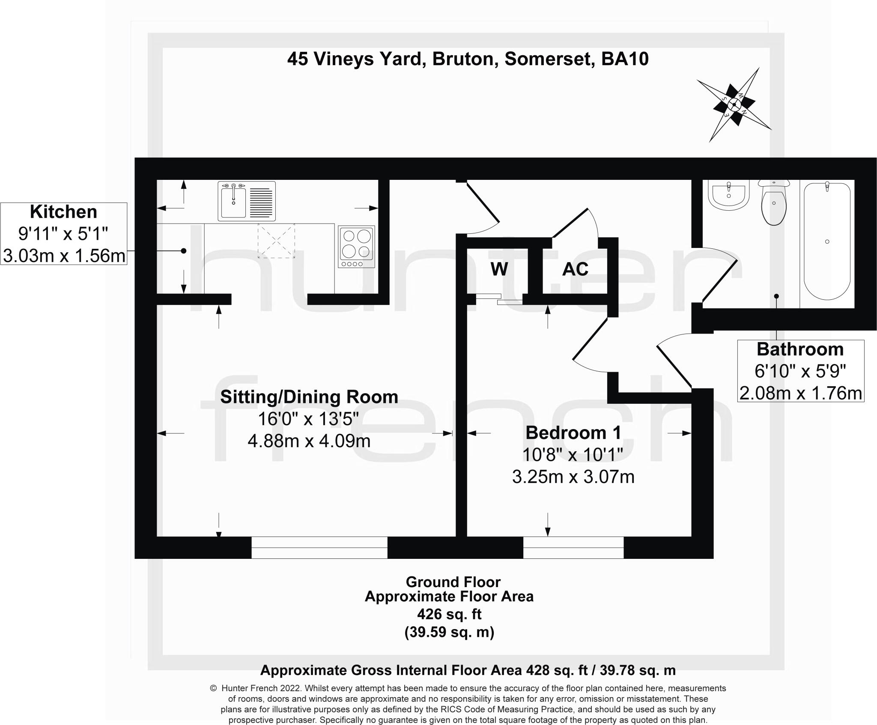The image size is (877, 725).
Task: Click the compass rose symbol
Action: (x=734, y=105)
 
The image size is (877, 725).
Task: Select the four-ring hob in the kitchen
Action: (x=356, y=246)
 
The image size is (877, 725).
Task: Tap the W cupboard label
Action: (x=499, y=269)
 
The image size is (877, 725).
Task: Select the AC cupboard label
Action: (x=575, y=269)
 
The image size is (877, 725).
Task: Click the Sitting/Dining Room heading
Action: (x=309, y=397)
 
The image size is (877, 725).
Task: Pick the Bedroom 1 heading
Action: (x=573, y=433)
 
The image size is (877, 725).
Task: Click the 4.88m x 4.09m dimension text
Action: (x=309, y=441)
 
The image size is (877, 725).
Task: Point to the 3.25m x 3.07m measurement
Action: (x=573, y=477)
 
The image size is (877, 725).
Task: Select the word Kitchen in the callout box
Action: (x=63, y=212)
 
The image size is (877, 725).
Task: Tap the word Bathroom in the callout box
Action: (x=800, y=349)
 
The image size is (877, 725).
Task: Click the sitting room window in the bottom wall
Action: (x=319, y=548)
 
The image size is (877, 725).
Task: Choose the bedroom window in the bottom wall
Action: (x=573, y=548)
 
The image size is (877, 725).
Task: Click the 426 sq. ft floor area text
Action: (x=449, y=615)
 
